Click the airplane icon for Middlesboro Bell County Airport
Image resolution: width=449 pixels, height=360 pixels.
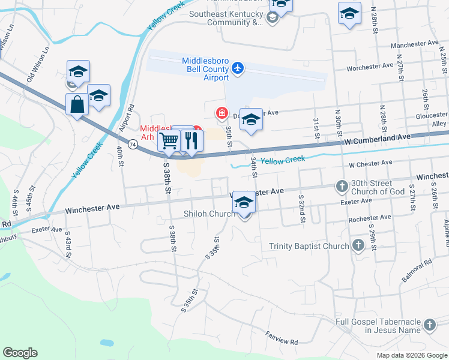pyautogui.click(x=238, y=67)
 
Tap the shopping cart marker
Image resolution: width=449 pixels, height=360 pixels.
pyautogui.click(x=169, y=141)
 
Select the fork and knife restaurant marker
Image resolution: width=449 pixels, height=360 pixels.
pyautogui.click(x=191, y=141)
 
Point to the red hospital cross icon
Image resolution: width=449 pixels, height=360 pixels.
pyautogui.click(x=221, y=112)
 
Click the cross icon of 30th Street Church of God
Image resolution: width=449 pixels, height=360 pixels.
pyautogui.click(x=342, y=187)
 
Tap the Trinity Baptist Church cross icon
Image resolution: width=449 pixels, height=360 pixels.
pyautogui.click(x=358, y=245)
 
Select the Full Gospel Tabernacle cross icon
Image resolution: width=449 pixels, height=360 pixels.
pyautogui.click(x=429, y=325)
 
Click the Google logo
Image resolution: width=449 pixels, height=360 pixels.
pyautogui.click(x=20, y=353)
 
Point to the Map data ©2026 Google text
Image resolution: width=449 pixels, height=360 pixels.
pyautogui.click(x=411, y=355)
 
